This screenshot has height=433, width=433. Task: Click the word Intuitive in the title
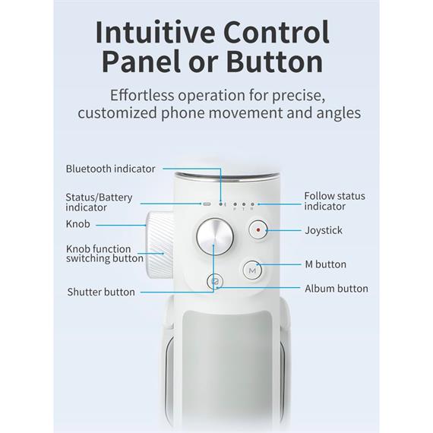[x=155, y=32]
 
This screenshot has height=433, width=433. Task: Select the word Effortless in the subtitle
[x=142, y=95]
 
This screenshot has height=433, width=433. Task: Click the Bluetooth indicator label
[x=110, y=169]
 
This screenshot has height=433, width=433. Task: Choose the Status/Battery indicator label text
[x=99, y=202]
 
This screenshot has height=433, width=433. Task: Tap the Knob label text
[x=78, y=224]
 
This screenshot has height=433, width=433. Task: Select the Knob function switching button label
[x=105, y=254]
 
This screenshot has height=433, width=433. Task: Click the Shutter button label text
[x=101, y=292]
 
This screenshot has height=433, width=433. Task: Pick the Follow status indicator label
[x=334, y=201]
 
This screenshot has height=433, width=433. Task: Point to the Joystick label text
[x=324, y=230]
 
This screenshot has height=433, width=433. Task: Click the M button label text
[x=325, y=264]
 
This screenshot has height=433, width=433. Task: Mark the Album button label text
[x=337, y=289]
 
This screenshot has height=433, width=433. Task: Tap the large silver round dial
[x=215, y=237]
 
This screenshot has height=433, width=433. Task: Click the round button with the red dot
[x=258, y=229]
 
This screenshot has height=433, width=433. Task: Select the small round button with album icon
[x=215, y=281]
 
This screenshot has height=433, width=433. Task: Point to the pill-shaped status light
[x=207, y=204]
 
